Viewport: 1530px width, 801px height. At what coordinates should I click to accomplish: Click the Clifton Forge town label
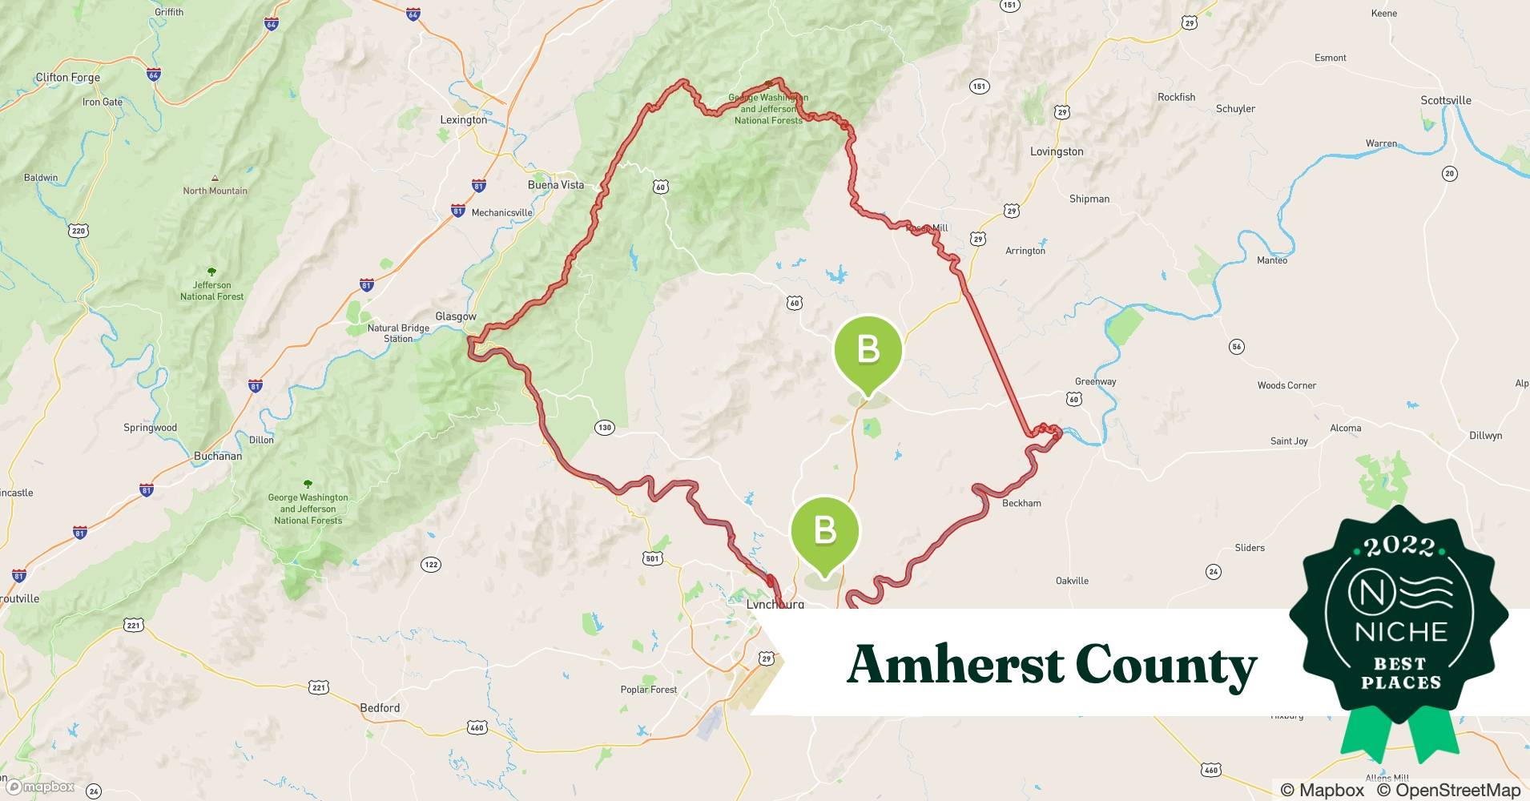[x=67, y=78]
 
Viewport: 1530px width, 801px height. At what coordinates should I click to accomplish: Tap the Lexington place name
[x=463, y=119]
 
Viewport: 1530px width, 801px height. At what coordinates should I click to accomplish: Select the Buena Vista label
[x=555, y=185]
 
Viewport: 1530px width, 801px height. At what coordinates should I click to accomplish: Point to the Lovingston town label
[x=1056, y=151]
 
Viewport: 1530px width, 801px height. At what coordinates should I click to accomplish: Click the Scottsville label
[x=1445, y=100]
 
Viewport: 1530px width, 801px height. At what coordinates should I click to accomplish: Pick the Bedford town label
[x=380, y=708]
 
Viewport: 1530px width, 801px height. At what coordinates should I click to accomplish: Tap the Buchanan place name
[x=217, y=456]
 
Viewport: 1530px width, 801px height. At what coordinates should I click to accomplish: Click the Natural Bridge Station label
[x=398, y=333]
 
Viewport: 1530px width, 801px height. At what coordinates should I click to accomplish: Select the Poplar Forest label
[x=648, y=690]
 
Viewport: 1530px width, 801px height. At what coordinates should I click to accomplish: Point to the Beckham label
[x=1021, y=503]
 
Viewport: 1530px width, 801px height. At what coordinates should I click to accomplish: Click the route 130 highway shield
[x=604, y=428]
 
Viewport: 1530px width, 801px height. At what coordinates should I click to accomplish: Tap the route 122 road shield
[x=431, y=565]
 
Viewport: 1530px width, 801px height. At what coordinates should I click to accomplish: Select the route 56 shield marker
[x=1237, y=347]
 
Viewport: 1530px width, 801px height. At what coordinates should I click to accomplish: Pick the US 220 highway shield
[x=78, y=231]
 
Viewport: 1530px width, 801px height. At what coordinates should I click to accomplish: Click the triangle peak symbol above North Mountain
[x=215, y=178]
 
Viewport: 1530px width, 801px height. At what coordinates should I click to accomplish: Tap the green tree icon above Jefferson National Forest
[x=211, y=272]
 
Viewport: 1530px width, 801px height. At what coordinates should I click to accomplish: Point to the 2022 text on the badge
[x=1399, y=546]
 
